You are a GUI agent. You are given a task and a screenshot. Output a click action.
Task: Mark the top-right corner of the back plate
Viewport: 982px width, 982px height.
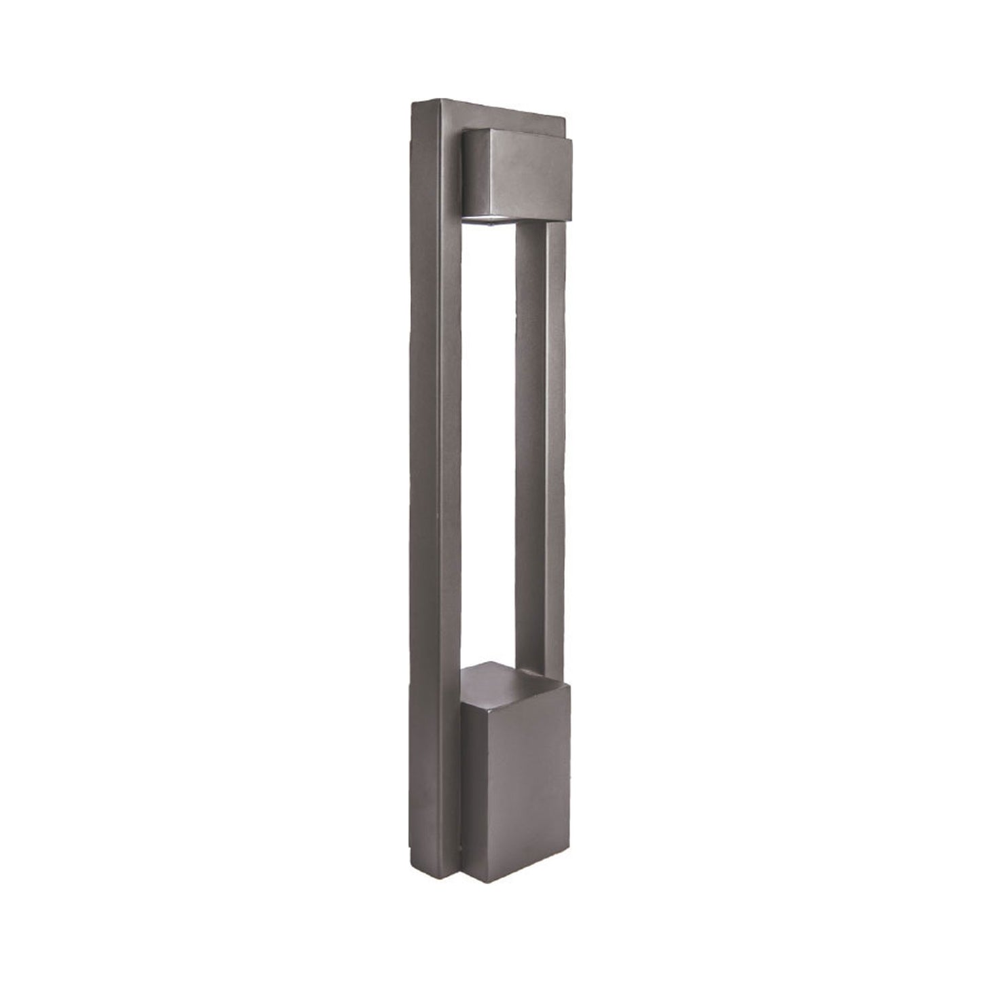(x=563, y=122)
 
